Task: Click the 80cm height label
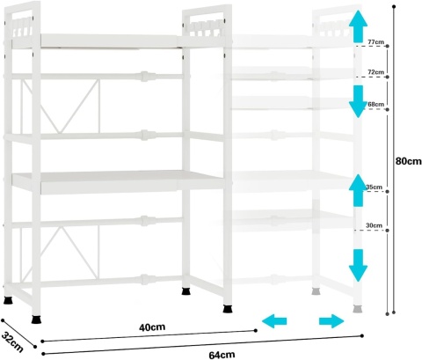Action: tap(408, 161)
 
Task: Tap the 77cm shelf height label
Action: tap(375, 42)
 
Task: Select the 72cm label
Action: tap(375, 72)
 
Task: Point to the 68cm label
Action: tap(376, 104)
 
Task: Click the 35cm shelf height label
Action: tap(375, 187)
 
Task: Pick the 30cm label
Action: tap(374, 225)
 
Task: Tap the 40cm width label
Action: tap(152, 327)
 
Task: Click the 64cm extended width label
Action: tap(222, 355)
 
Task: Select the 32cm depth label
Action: tap(11, 342)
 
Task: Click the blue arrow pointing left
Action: tap(274, 321)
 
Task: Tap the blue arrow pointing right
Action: tap(331, 321)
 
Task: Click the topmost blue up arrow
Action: tap(358, 26)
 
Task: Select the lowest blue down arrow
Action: tap(358, 266)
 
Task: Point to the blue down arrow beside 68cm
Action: tap(358, 101)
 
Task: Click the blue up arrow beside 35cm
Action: tap(358, 190)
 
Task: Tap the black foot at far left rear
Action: tap(8, 300)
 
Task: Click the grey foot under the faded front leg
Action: tap(357, 309)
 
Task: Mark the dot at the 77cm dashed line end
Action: tap(388, 46)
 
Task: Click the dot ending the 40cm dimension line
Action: tap(256, 331)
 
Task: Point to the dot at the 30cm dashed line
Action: tap(388, 231)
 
